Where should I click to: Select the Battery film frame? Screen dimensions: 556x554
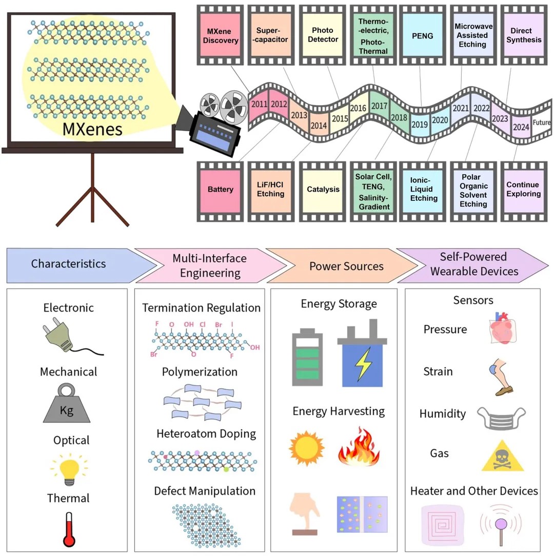click(x=220, y=190)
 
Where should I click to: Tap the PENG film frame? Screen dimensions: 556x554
click(x=422, y=36)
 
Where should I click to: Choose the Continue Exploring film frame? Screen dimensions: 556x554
click(x=523, y=190)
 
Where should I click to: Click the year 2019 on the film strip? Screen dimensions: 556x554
click(x=420, y=124)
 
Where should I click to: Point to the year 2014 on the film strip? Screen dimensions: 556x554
click(x=319, y=125)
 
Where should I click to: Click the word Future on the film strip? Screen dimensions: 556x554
click(x=541, y=122)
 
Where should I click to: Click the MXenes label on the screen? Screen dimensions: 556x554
click(x=92, y=128)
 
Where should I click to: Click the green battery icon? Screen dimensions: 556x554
click(x=307, y=358)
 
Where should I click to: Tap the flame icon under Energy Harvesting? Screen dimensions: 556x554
click(x=359, y=447)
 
